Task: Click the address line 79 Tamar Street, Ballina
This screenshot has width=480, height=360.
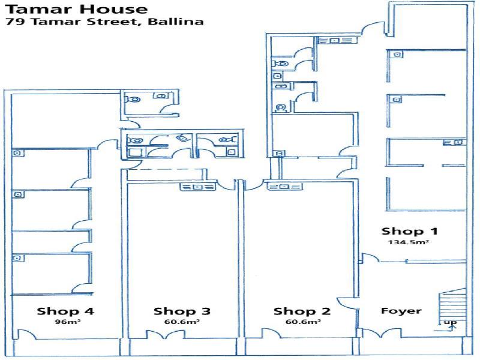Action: point(104,22)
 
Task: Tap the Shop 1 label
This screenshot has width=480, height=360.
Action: point(410,232)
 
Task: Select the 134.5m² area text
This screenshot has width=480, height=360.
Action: point(408,242)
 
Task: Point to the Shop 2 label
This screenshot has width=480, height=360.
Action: point(302,311)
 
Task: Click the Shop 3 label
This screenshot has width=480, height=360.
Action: point(182,311)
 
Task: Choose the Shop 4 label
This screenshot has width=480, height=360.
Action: point(65,311)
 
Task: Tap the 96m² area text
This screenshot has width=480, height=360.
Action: point(68,322)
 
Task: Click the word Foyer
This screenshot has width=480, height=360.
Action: point(401,311)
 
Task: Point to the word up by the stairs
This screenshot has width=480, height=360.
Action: point(450,322)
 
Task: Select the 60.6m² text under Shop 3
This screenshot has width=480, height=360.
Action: point(182,322)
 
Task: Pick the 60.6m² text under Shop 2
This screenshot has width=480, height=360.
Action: point(303,322)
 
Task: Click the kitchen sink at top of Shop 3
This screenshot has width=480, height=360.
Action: point(198,187)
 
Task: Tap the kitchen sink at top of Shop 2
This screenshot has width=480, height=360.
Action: point(284,187)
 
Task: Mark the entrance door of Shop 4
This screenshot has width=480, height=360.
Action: point(27,334)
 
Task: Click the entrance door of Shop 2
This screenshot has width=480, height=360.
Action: point(271,334)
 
